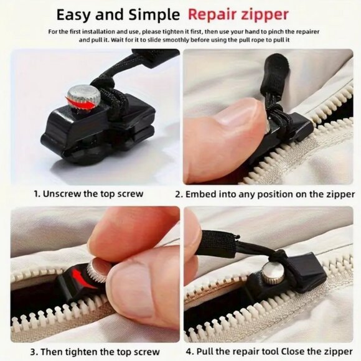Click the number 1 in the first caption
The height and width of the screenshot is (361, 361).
[x=37, y=194]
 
